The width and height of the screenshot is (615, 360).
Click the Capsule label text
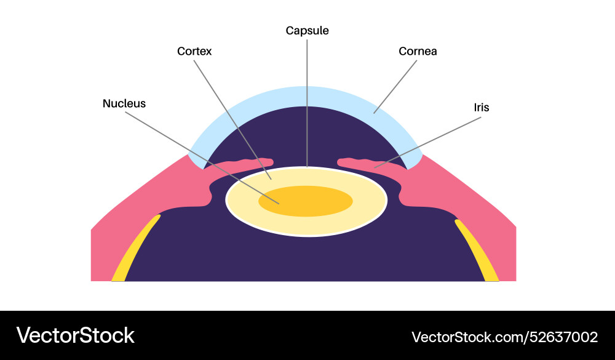click(x=307, y=30)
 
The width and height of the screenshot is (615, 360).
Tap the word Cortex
click(x=194, y=51)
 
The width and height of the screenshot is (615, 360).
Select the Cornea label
click(x=418, y=51)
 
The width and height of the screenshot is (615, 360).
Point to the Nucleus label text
click(x=124, y=103)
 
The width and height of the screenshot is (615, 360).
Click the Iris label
click(x=482, y=107)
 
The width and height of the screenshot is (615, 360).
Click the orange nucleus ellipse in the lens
click(x=306, y=202)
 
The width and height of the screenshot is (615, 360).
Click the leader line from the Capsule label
click(x=306, y=105)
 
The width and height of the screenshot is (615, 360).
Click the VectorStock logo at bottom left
click(x=75, y=335)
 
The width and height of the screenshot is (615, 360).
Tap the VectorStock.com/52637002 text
click(x=504, y=337)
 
